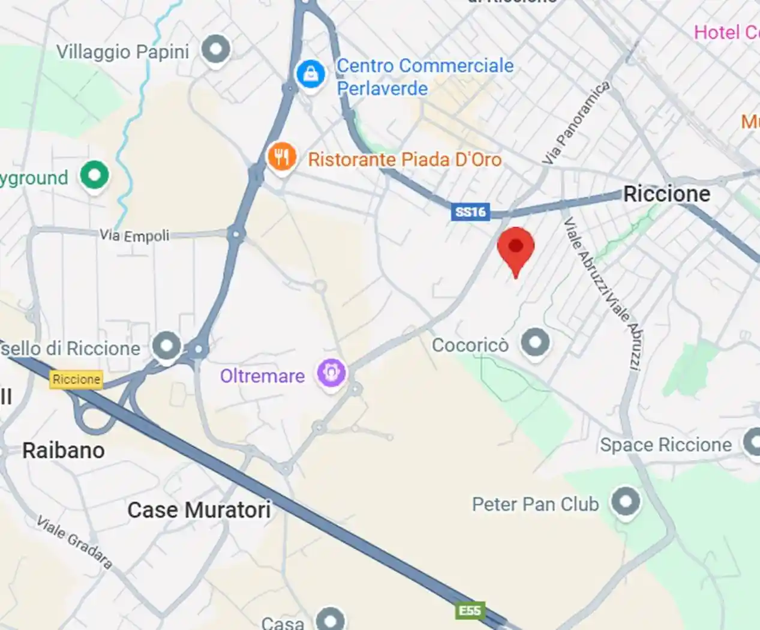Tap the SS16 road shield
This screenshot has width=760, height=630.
(x=470, y=212)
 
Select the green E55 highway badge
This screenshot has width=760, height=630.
(x=470, y=611)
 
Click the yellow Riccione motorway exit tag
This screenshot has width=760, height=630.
(x=76, y=379)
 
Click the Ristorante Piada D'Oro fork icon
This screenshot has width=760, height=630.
(x=281, y=157)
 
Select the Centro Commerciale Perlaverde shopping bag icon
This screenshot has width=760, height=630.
(x=311, y=74)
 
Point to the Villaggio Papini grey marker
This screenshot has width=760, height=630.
(x=216, y=49)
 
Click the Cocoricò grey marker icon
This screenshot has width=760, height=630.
(x=535, y=343)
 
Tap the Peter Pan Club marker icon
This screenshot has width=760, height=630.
(x=625, y=502)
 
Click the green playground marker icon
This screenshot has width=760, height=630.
(x=94, y=176)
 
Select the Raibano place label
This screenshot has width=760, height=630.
(x=64, y=451)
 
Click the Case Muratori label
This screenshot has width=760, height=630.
(x=199, y=510)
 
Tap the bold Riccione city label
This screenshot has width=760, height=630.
(x=666, y=194)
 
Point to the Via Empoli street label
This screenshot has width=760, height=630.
(x=134, y=235)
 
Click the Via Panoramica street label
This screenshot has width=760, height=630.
(x=576, y=123)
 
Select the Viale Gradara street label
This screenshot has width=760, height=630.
(x=74, y=542)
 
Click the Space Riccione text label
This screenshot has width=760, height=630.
(x=666, y=445)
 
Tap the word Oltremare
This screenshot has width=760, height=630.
(x=262, y=376)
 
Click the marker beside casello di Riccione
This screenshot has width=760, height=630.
(x=166, y=346)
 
